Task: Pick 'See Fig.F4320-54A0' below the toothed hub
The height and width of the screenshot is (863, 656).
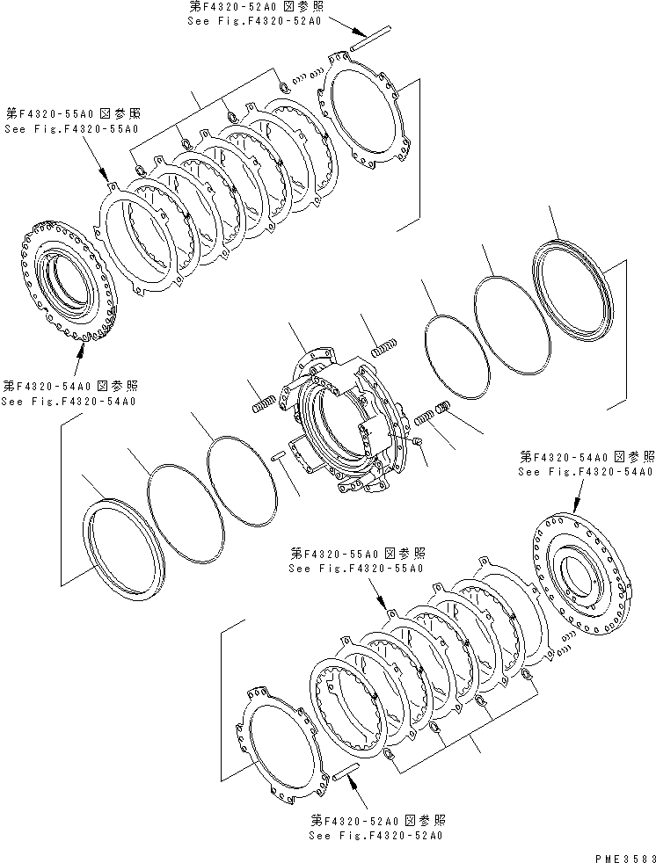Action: (68, 402)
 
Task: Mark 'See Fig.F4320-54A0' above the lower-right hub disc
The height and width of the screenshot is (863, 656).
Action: (585, 472)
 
